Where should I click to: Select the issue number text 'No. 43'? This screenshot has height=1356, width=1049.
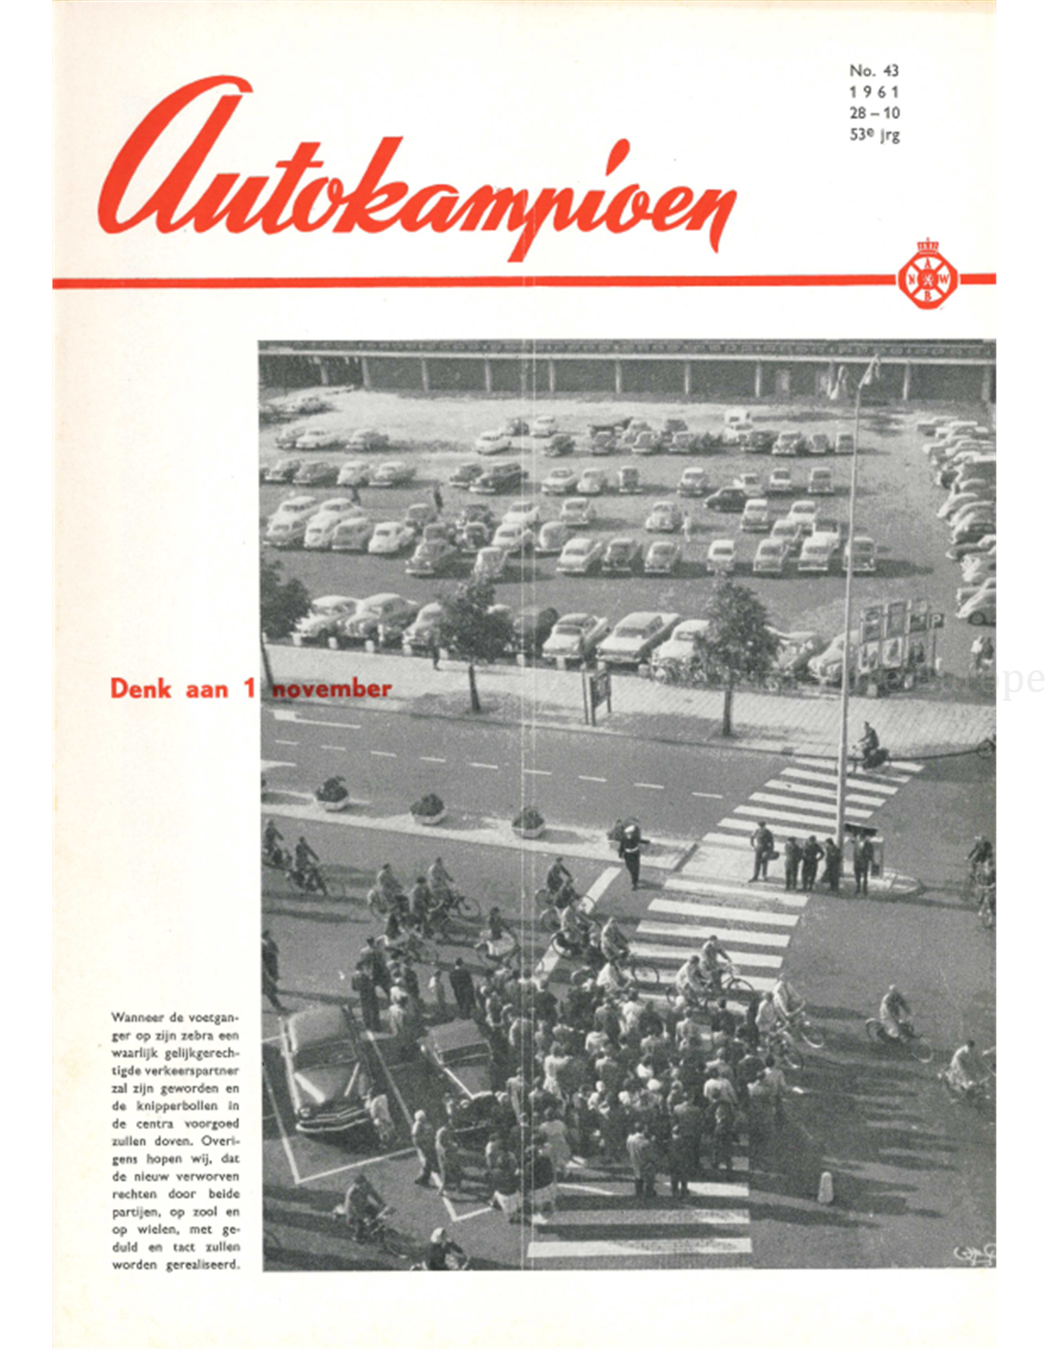click(x=874, y=71)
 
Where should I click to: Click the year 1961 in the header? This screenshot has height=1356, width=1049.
click(x=874, y=92)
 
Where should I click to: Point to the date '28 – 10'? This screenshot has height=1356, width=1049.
click(x=874, y=113)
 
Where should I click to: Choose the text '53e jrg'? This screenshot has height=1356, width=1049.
click(x=874, y=135)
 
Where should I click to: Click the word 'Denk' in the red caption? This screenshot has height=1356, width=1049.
click(x=142, y=688)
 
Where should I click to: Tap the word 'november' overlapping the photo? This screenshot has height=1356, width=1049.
click(x=332, y=688)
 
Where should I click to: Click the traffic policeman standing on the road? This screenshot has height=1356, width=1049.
click(x=632, y=853)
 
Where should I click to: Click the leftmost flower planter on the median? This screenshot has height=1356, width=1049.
click(x=332, y=793)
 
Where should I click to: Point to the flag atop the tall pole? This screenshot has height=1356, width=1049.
click(x=869, y=370)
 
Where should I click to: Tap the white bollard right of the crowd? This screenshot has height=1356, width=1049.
click(x=826, y=1187)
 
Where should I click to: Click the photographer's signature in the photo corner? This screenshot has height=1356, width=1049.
click(x=974, y=1253)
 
